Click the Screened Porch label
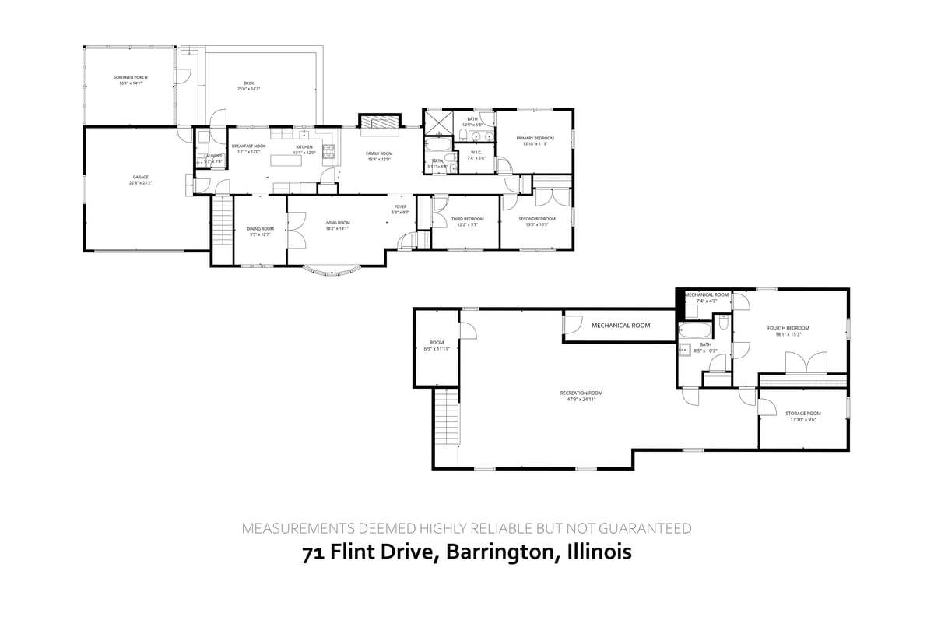130,78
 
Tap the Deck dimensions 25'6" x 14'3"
248,90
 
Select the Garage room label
140,177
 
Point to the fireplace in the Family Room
377,122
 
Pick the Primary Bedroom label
535,138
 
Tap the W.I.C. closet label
476,152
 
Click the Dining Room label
260,228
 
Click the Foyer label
400,206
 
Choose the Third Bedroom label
468,219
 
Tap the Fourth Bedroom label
788,328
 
